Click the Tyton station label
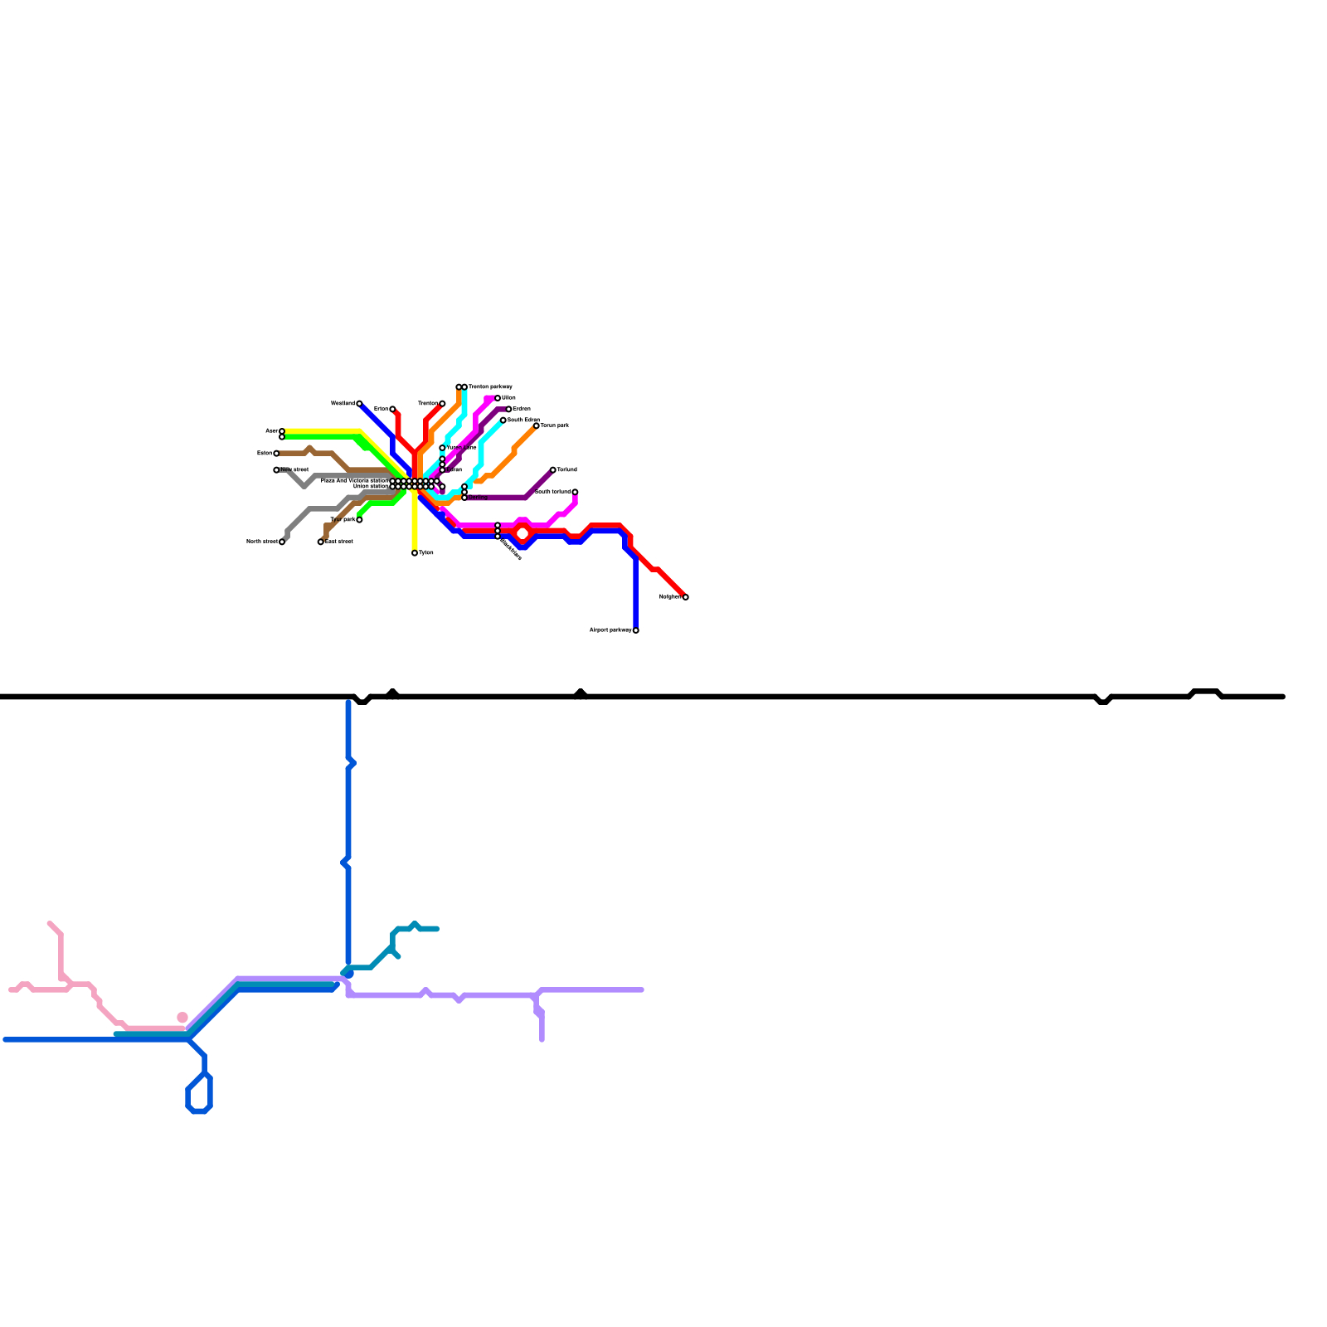click(x=426, y=553)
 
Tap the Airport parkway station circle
click(x=636, y=630)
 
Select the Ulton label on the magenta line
click(x=509, y=398)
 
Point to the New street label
click(x=294, y=470)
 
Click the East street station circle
click(x=321, y=542)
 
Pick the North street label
click(x=261, y=542)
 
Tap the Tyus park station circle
click(x=359, y=520)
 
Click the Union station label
click(x=371, y=487)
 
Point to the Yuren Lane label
click(x=462, y=448)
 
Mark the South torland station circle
click(x=575, y=492)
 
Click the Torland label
click(x=567, y=470)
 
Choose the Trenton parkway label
click(x=490, y=387)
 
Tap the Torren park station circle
click(x=537, y=425)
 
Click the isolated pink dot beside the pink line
click(x=182, y=1018)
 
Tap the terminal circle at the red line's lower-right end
click(x=685, y=597)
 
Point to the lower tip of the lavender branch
click(x=542, y=1039)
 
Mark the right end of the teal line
click(x=436, y=929)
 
